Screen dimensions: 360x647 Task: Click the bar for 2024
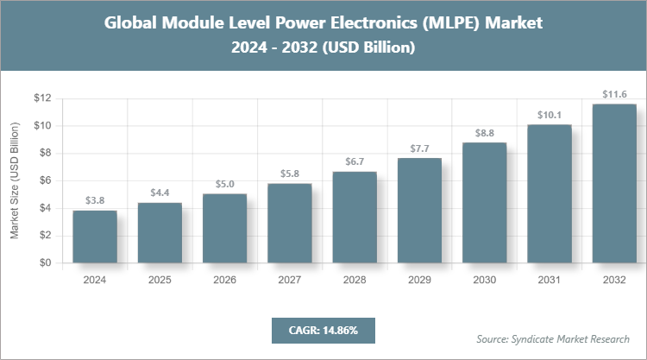[95, 237]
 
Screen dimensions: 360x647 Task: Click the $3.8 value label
[95, 200]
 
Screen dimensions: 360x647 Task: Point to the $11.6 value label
[614, 93]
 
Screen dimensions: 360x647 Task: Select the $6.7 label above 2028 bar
[355, 161]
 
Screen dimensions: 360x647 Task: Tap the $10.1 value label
[550, 114]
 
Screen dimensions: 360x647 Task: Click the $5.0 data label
[224, 184]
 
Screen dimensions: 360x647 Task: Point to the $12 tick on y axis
[42, 98]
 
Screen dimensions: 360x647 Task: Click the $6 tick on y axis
[45, 180]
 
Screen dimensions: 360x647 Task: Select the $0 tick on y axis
[45, 263]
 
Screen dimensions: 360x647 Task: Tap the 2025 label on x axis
[160, 280]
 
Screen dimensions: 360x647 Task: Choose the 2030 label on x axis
[484, 280]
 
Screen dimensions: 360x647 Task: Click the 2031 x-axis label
[550, 280]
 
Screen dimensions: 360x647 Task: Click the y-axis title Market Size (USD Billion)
[15, 180]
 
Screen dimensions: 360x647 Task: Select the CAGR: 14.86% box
[323, 330]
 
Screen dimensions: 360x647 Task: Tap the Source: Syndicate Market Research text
[553, 338]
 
